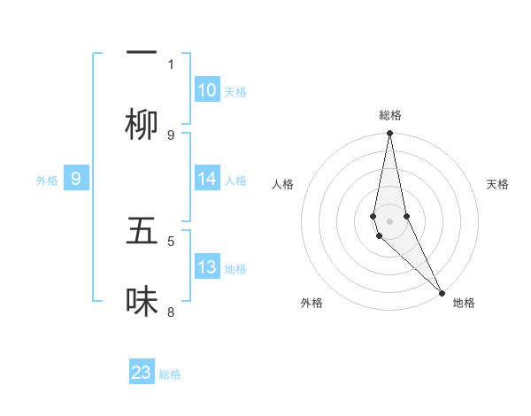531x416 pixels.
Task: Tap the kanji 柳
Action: tap(142, 125)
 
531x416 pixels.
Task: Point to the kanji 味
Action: tap(142, 302)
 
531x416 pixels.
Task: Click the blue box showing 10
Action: tap(207, 90)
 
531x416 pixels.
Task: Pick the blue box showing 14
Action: tap(207, 179)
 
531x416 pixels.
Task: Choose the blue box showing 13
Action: tap(207, 267)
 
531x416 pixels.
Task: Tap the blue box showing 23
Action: tap(142, 373)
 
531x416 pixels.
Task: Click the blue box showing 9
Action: tap(76, 179)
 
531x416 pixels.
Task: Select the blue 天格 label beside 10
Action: tap(235, 92)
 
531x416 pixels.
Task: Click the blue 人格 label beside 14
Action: tap(235, 181)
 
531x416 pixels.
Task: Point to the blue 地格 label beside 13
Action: tap(235, 269)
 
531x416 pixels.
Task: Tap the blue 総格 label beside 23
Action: tap(170, 374)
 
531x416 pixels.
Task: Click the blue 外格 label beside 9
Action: tap(47, 181)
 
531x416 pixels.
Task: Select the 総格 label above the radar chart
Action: tap(389, 115)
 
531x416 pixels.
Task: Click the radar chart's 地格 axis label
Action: tap(464, 304)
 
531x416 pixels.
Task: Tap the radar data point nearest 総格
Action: tap(389, 134)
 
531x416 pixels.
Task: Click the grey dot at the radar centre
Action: tap(389, 221)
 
